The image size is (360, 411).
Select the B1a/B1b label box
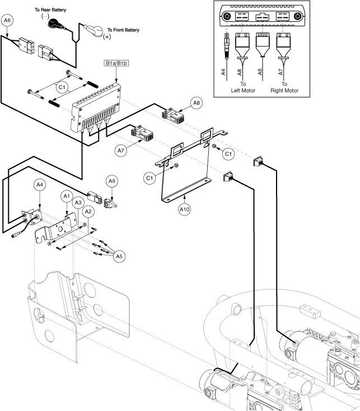tap(116, 64)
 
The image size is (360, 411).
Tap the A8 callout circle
tap(195, 103)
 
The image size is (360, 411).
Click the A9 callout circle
tap(111, 181)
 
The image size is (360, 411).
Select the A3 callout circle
tap(78, 203)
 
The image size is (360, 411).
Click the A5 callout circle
tap(119, 256)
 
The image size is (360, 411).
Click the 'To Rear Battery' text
tap(51, 10)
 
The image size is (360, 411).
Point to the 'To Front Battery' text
tap(123, 29)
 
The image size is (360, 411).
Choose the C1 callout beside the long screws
tap(63, 87)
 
